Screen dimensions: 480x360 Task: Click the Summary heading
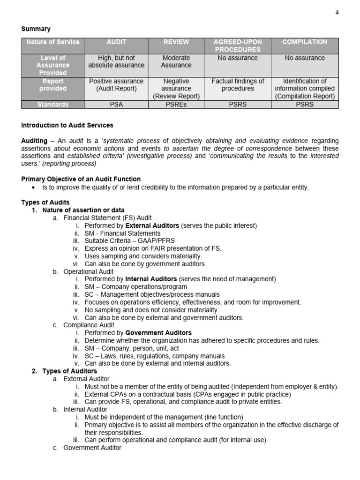(36, 29)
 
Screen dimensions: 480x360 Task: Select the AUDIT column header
(116, 42)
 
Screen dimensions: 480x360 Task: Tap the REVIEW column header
(176, 42)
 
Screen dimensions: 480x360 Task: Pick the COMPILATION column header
(305, 42)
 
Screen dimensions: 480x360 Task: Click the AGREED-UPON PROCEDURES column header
(238, 45)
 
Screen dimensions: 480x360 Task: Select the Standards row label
(53, 105)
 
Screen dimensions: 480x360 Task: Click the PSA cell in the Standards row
(116, 105)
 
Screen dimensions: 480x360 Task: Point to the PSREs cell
(176, 105)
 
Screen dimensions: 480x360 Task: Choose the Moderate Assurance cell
(176, 61)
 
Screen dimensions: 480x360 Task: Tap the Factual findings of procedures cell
(238, 85)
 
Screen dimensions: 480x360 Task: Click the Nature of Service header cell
(53, 42)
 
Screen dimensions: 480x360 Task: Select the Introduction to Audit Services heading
(67, 126)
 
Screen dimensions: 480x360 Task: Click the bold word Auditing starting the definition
(34, 141)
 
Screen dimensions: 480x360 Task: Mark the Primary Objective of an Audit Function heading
(81, 179)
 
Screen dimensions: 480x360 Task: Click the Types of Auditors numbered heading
(69, 371)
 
